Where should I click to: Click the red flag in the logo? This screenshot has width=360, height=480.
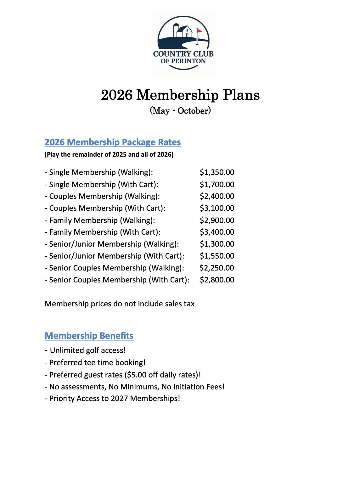[200, 31]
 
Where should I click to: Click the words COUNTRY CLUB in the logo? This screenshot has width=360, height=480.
[183, 54]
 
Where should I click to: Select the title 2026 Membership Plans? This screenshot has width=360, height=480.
[180, 95]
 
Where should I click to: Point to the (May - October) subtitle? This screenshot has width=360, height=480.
[180, 111]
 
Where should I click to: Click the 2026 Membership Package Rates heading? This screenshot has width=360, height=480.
[113, 142]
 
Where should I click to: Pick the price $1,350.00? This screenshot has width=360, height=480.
[217, 172]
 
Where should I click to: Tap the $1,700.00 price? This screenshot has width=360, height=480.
[217, 184]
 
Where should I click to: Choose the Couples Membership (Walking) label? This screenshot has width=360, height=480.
[104, 196]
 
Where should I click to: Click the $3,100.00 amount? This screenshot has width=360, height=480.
[217, 208]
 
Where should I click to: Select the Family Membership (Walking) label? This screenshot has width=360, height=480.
[102, 220]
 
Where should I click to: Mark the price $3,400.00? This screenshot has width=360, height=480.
[217, 232]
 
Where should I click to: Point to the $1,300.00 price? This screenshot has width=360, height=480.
[217, 244]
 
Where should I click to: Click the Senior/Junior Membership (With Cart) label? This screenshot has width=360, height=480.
[116, 256]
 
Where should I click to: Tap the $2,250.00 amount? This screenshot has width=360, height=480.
[217, 268]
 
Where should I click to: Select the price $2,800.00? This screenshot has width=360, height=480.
[217, 280]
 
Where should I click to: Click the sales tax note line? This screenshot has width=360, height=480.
[120, 304]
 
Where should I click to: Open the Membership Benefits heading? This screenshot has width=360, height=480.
[89, 336]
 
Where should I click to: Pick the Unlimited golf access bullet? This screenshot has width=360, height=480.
[88, 350]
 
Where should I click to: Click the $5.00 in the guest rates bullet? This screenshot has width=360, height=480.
[137, 375]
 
